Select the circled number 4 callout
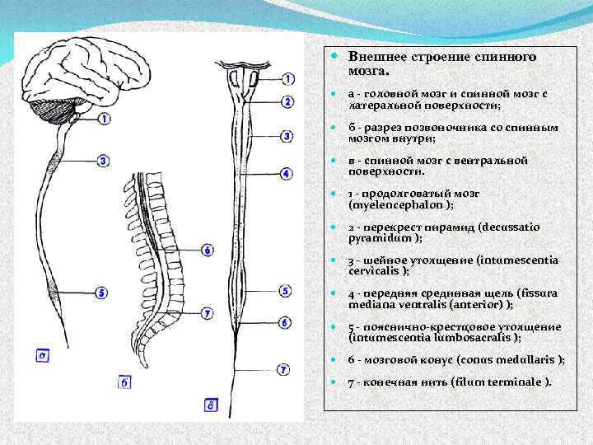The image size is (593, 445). coord(286,174)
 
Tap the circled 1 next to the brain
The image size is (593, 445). coord(104,119)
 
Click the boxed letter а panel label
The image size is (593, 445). coord(43,356)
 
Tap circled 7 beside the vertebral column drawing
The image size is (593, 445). coord(207,313)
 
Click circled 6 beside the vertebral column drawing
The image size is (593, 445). coord(207,249)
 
